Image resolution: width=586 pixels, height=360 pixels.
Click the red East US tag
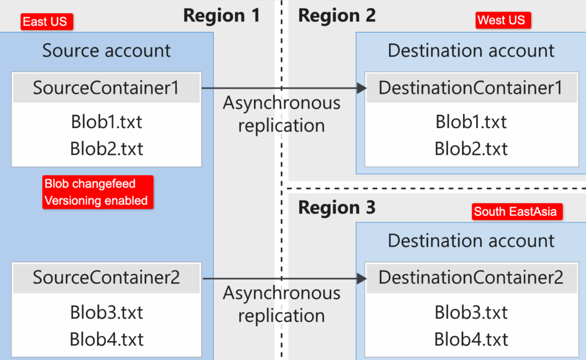[45, 22]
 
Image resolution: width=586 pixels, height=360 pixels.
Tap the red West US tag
[501, 21]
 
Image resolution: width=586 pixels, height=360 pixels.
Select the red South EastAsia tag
[515, 212]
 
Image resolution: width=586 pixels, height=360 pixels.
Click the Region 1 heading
[221, 15]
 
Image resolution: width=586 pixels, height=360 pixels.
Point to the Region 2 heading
[337, 15]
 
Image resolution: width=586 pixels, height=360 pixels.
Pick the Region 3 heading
[337, 207]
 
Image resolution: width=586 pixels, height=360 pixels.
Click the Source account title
[106, 50]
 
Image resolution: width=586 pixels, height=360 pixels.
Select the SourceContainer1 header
[106, 88]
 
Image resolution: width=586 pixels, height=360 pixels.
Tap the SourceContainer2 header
[106, 278]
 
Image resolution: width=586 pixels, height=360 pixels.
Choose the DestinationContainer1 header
[470, 88]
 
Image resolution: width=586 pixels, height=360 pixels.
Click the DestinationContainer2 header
[470, 278]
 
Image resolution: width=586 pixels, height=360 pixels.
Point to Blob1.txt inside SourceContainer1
[106, 122]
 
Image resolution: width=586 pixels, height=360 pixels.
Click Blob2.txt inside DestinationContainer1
[470, 148]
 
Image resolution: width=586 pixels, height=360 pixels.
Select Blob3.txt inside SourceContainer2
[106, 312]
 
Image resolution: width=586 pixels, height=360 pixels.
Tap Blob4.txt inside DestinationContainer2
[470, 339]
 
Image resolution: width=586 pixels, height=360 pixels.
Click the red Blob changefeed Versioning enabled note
[98, 192]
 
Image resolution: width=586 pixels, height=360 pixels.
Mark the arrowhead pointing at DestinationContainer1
[361, 88]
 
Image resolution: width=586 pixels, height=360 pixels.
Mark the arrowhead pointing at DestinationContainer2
[361, 279]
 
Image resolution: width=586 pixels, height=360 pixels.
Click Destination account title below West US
[470, 50]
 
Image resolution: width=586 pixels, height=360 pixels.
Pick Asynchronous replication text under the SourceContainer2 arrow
[282, 304]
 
